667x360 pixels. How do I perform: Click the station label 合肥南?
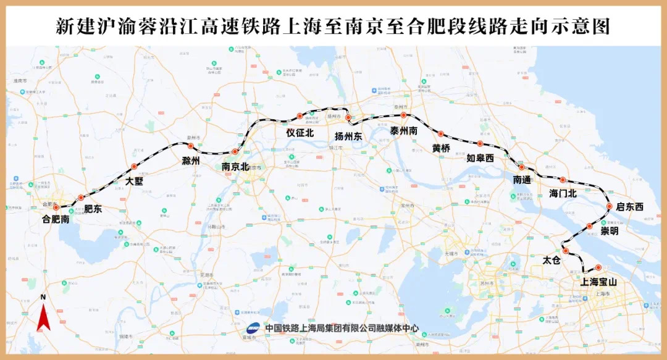56,219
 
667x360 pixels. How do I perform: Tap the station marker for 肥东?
81,198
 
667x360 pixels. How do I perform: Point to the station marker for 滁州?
191,146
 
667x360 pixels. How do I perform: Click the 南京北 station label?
235,166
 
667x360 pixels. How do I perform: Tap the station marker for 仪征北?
300,116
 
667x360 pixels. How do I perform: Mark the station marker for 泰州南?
403,115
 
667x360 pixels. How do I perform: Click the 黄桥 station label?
441,148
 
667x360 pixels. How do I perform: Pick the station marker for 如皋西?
480,144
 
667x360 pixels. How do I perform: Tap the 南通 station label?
522,180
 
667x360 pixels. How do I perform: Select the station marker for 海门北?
563,180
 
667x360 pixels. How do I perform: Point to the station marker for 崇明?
590,226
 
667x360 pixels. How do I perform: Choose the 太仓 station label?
551,261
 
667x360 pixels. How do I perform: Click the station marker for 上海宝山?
598,267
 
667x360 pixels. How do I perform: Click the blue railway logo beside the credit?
254,328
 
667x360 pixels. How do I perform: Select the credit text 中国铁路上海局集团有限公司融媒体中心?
342,329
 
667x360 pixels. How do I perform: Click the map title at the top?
333,27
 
